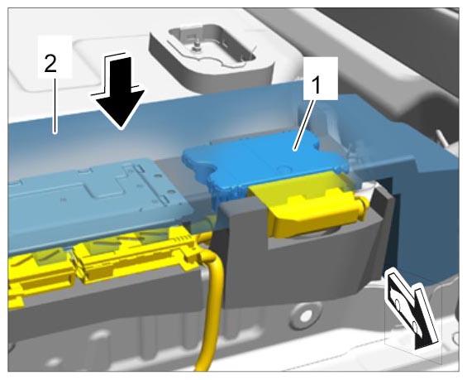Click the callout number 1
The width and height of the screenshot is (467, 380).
coord(317,84)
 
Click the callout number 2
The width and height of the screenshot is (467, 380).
coord(50,63)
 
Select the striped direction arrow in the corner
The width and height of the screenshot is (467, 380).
coord(412,309)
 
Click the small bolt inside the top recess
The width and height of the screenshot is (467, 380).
coord(196,46)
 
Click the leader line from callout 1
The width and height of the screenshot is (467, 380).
coord(305,123)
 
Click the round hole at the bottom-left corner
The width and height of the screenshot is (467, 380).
coord(54,362)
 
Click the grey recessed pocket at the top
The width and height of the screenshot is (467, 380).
coord(212,51)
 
